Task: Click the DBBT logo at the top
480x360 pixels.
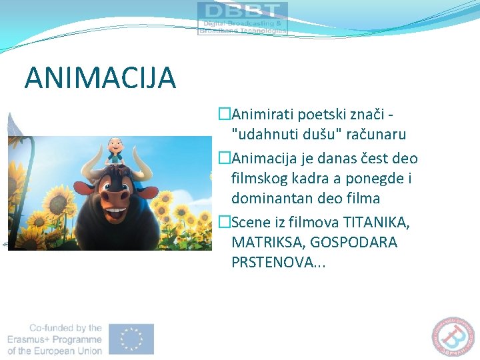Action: pyautogui.click(x=242, y=18)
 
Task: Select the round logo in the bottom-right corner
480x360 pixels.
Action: pyautogui.click(x=457, y=337)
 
